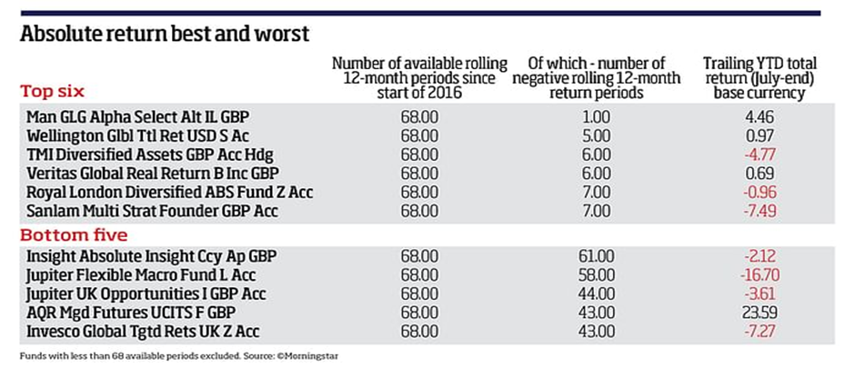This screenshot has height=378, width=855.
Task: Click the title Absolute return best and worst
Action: pyautogui.click(x=165, y=34)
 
